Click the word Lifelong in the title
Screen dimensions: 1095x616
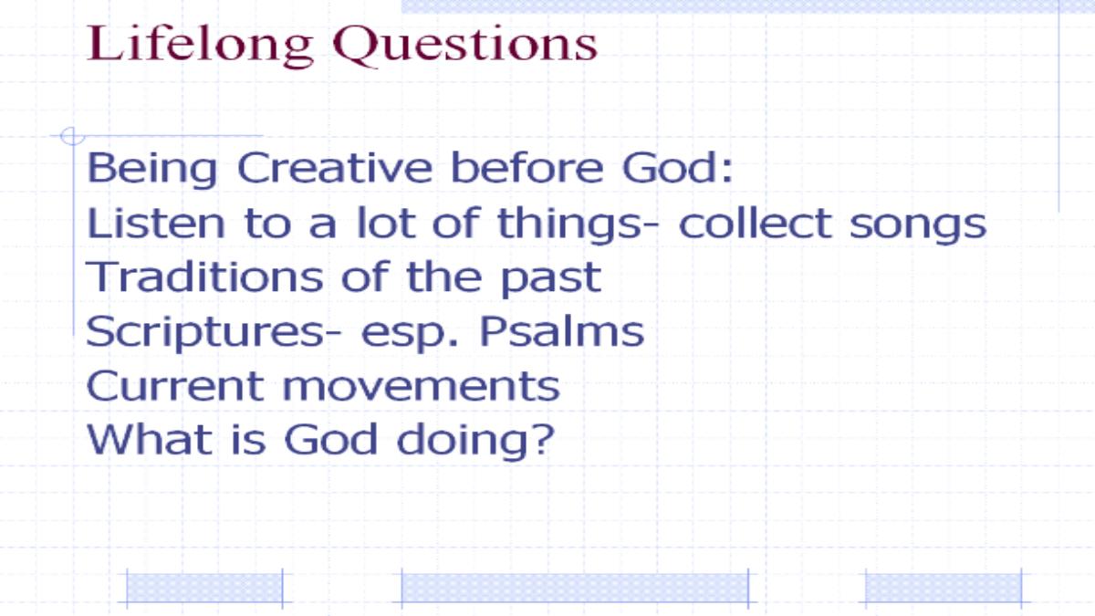click(200, 45)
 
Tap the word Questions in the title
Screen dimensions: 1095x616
click(464, 45)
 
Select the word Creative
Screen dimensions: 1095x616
click(335, 168)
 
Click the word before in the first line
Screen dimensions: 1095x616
click(527, 168)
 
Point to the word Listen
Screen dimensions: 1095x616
click(156, 223)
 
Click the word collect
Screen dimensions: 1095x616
click(756, 223)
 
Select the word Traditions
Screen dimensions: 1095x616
click(204, 277)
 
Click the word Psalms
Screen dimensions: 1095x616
click(562, 331)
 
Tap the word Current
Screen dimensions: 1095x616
click(175, 386)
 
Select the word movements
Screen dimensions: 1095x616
click(422, 389)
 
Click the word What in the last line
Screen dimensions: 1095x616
click(150, 440)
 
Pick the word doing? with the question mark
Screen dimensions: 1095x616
click(475, 442)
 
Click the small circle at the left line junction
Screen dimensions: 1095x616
click(72, 136)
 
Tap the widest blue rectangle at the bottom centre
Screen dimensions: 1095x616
click(575, 588)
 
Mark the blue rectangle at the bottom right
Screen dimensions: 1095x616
click(944, 588)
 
